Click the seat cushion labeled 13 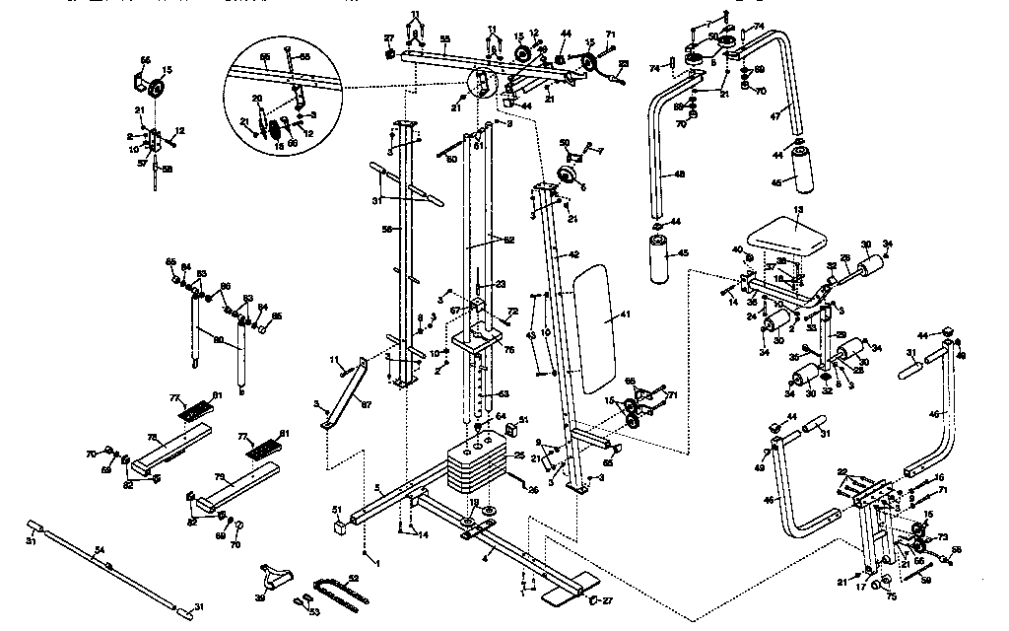tap(785, 237)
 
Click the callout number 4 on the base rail tap(485, 557)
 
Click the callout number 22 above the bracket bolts tap(841, 471)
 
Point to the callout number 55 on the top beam tap(444, 37)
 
